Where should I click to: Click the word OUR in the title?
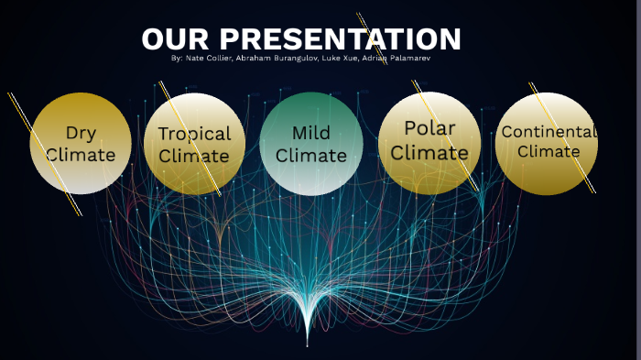[x=176, y=39]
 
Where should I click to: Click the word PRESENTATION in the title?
[x=341, y=39]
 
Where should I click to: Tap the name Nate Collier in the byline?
[x=210, y=58]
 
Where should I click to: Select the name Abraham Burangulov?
[x=272, y=58]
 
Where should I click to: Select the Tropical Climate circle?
[x=194, y=144]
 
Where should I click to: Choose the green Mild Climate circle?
[x=311, y=144]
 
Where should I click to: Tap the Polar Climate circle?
[x=429, y=143]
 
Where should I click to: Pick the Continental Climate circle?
[x=547, y=144]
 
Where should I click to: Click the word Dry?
[x=81, y=134]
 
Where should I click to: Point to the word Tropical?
[x=194, y=134]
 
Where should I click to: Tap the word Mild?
[x=311, y=134]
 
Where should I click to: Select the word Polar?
[x=429, y=128]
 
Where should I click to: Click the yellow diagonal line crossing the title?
[x=365, y=27]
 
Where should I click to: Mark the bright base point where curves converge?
[x=307, y=344]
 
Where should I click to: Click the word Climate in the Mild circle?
[x=311, y=156]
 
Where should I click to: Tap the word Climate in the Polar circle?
[x=429, y=152]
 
